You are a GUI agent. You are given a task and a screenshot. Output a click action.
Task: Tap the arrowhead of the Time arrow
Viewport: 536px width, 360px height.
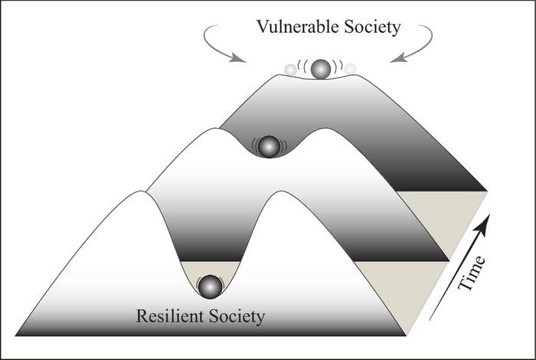tap(483, 223)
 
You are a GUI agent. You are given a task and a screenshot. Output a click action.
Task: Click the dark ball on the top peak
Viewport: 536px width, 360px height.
tap(321, 68)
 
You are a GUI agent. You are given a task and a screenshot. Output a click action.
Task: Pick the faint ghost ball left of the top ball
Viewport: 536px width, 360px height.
tap(290, 70)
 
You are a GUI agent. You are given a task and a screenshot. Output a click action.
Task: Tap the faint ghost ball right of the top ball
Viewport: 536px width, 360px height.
tap(350, 69)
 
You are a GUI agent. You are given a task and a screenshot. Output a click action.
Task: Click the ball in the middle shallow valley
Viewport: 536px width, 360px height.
tap(268, 146)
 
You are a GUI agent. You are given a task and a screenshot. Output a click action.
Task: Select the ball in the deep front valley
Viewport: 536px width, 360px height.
tap(209, 286)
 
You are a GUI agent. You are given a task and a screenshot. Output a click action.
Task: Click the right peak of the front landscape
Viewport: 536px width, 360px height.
tap(279, 193)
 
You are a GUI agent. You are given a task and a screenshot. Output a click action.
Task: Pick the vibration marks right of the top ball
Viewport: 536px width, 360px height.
tap(337, 67)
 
